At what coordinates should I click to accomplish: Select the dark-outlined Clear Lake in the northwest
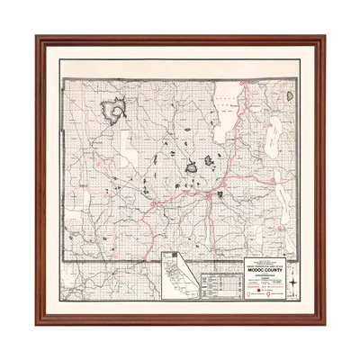point(115,110)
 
